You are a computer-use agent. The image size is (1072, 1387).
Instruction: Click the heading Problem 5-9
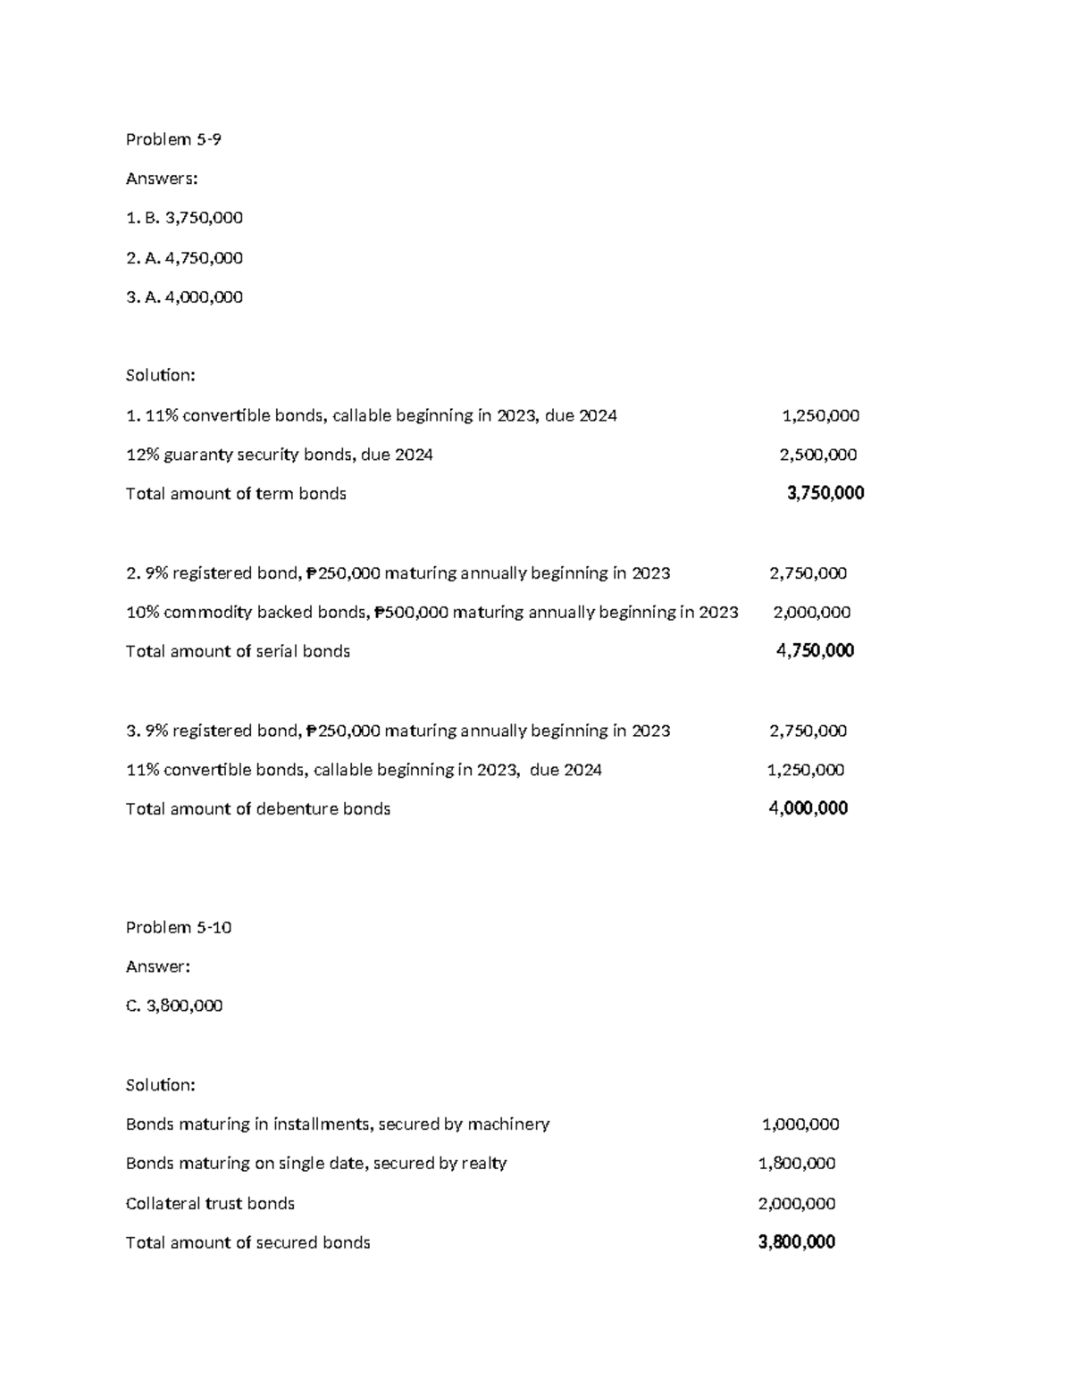click(x=173, y=139)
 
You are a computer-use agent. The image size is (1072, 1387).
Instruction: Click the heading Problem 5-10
click(x=179, y=927)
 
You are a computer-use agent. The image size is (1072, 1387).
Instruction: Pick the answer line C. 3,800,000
click(x=174, y=1006)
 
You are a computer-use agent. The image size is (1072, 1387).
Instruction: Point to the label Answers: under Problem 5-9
click(x=162, y=179)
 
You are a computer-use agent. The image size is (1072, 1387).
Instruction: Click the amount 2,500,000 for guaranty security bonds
click(x=817, y=455)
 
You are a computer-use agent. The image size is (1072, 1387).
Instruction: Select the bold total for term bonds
click(x=825, y=493)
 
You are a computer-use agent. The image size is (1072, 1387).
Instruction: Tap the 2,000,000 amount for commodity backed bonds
click(x=811, y=612)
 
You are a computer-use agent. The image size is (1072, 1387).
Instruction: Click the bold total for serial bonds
click(x=815, y=651)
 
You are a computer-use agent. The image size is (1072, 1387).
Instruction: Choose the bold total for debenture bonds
click(x=808, y=808)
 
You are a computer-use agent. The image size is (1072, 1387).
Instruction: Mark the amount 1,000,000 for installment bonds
click(x=800, y=1124)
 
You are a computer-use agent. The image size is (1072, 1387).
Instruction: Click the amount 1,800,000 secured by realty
click(x=796, y=1164)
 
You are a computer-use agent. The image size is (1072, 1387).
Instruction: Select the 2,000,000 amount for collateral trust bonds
click(x=796, y=1203)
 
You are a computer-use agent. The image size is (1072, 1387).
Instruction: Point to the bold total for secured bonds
click(x=796, y=1242)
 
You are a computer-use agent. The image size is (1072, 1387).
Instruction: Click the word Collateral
click(x=163, y=1204)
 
